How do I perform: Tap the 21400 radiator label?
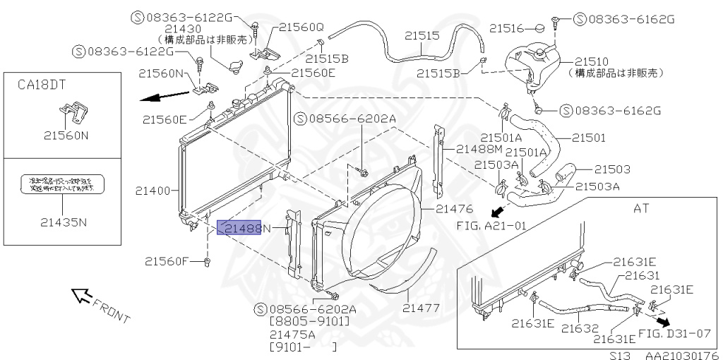tap(153, 191)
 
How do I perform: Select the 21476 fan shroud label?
tap(453, 208)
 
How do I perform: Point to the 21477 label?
tap(422, 308)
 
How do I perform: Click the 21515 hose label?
tap(422, 35)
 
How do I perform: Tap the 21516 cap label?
tap(506, 28)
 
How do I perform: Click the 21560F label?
tap(167, 261)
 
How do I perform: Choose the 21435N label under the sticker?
tap(64, 222)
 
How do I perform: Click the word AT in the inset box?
tap(642, 209)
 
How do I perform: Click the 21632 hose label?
tap(580, 328)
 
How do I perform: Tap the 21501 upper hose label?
tap(589, 138)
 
